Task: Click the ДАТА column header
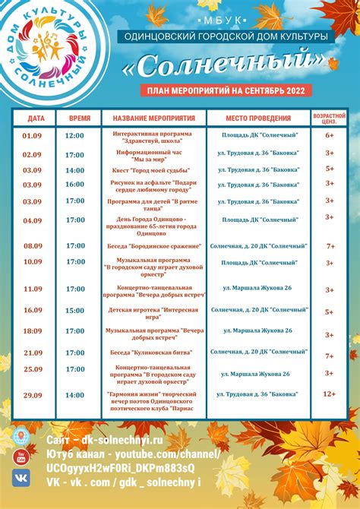(36, 119)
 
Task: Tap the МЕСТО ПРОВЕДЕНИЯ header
(259, 119)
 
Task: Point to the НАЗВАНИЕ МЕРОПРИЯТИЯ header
(154, 119)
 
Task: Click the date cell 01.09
(33, 135)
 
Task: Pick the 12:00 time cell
(75, 135)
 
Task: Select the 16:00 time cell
(75, 185)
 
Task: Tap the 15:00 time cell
(75, 311)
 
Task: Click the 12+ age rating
(330, 395)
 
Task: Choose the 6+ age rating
(330, 135)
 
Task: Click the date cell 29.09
(33, 395)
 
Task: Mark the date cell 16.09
(33, 311)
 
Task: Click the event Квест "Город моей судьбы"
(154, 169)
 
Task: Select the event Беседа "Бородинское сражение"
(154, 246)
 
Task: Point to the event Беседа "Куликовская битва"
(154, 353)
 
